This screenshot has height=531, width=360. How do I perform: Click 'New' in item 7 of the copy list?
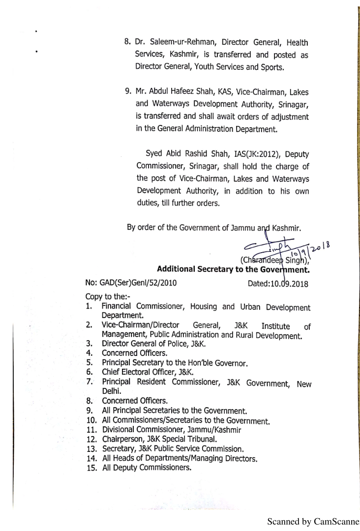303,383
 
